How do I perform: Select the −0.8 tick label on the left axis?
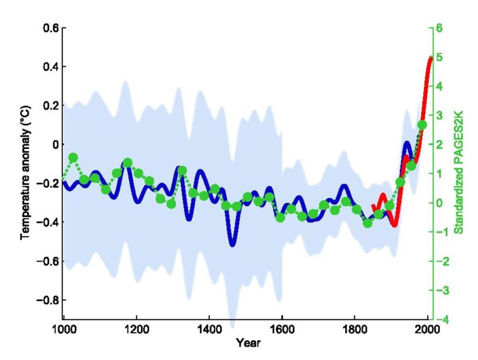point(47,299)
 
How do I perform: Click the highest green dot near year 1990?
point(422,125)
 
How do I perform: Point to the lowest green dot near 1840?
point(368,223)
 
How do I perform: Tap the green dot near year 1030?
point(73,157)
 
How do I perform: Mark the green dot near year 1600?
point(280,217)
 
